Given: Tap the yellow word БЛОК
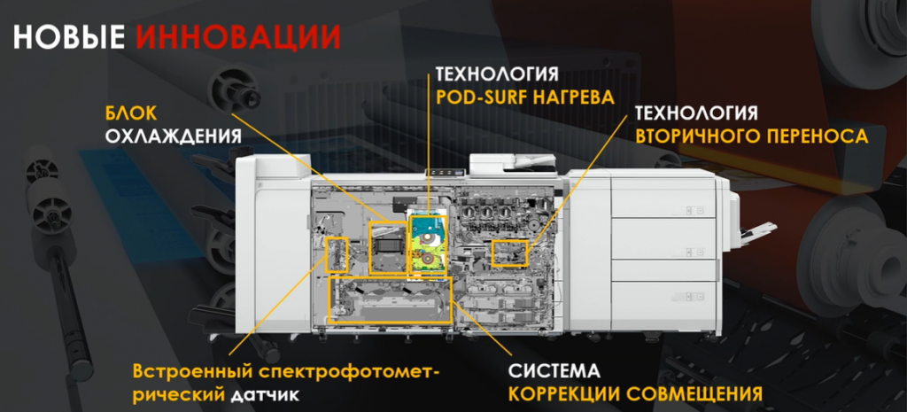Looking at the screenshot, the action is (x=132, y=113).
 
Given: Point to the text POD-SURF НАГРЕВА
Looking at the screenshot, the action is (x=524, y=97).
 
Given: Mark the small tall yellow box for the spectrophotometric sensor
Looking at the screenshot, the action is (x=336, y=253).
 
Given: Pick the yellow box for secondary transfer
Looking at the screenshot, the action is (x=509, y=253).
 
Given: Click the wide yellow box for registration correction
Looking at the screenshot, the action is (x=390, y=299).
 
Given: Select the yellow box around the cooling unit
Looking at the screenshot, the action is (x=387, y=247).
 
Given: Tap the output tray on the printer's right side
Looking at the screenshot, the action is (x=752, y=232).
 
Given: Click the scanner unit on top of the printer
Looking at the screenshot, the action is (x=500, y=165).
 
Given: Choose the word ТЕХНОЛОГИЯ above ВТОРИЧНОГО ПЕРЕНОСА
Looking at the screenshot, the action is (x=696, y=113).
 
